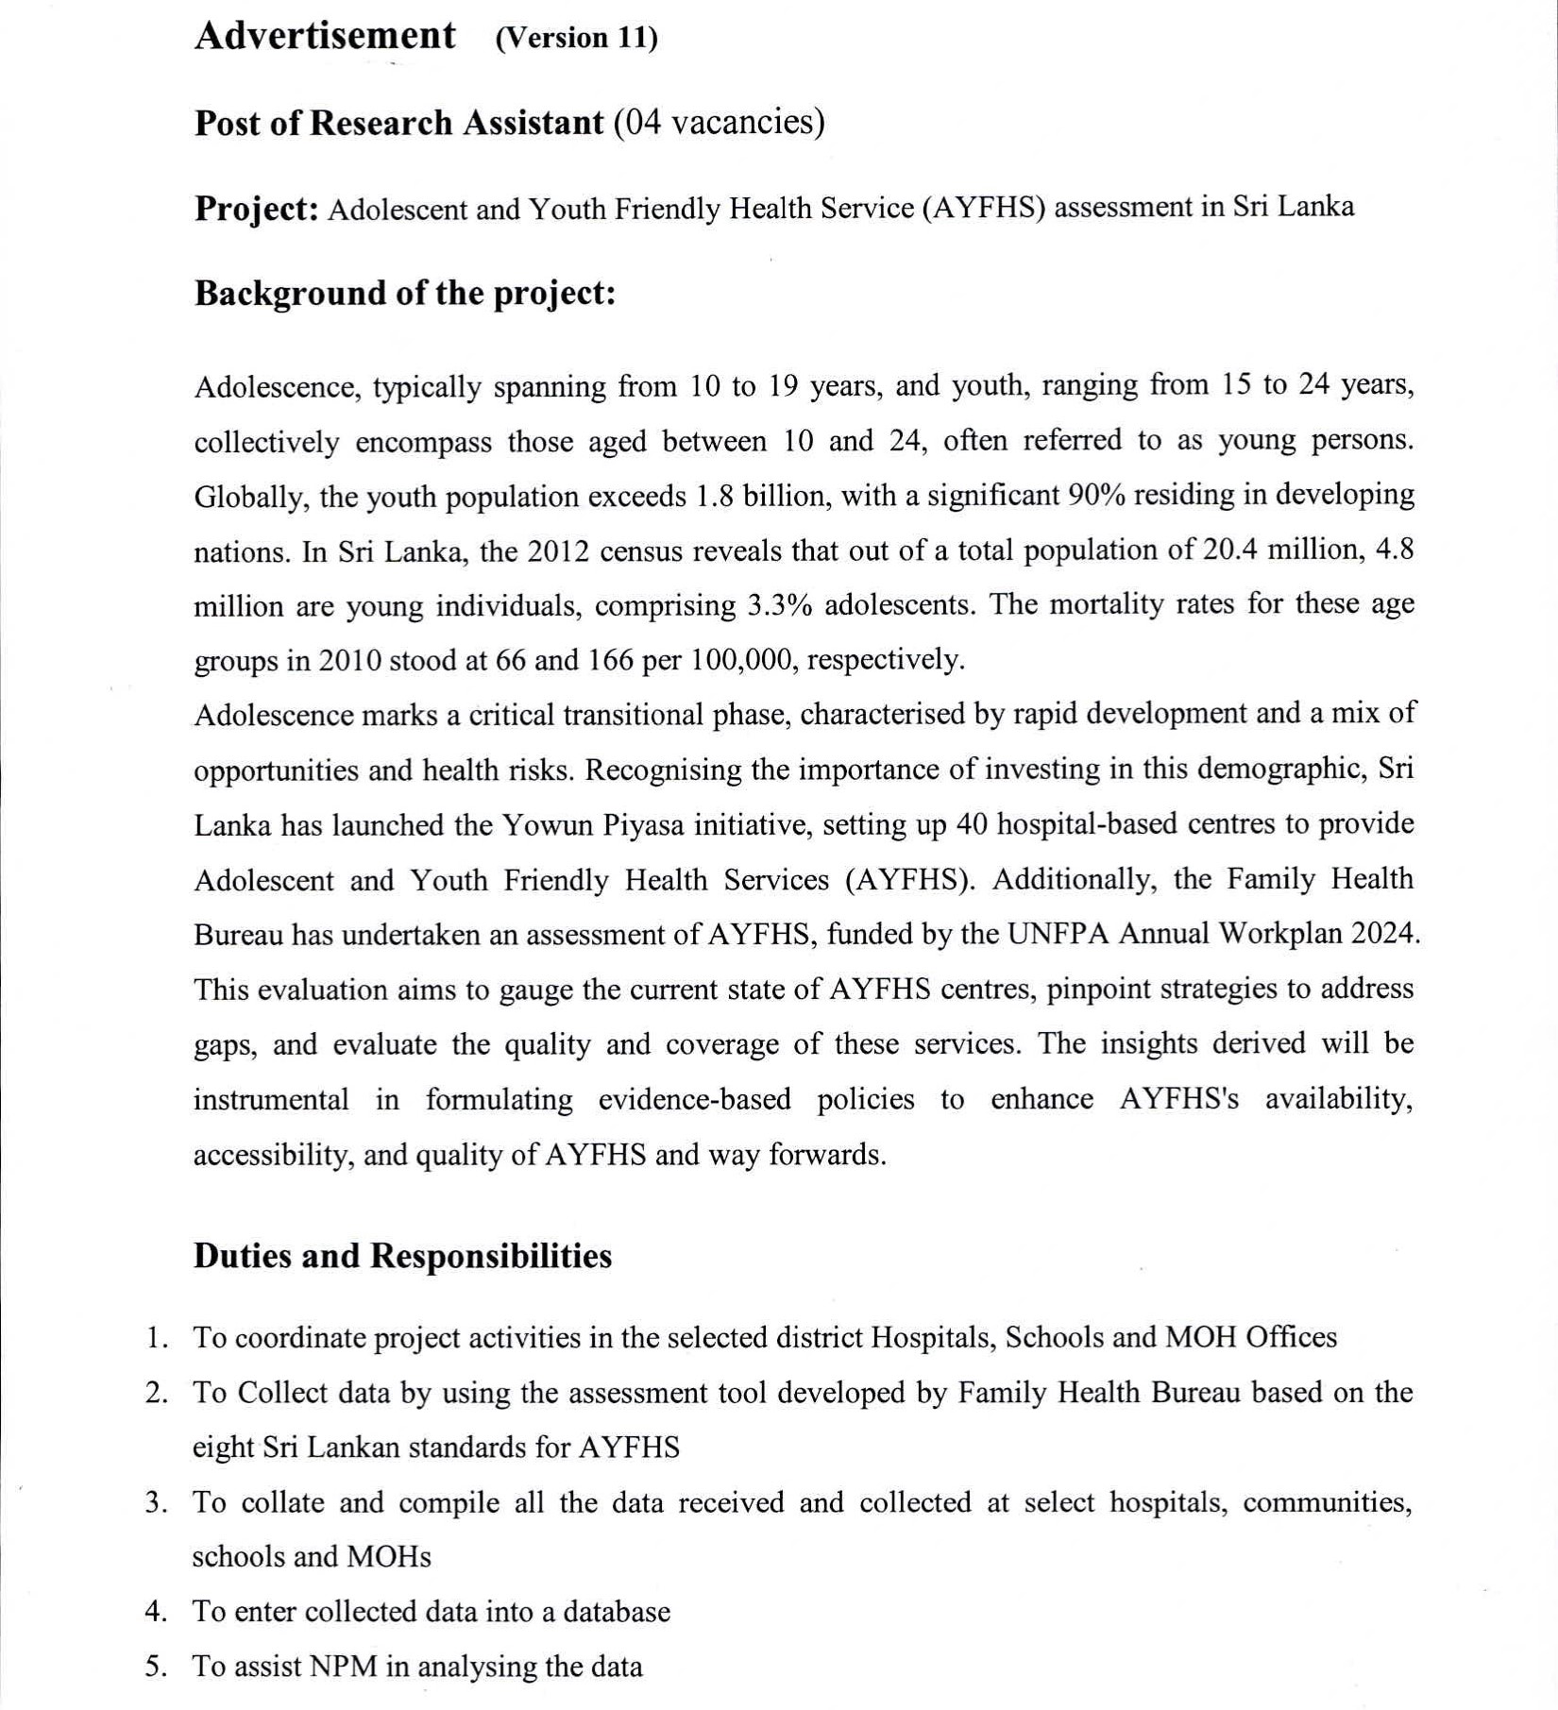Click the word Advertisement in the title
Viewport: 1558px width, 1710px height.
(x=325, y=37)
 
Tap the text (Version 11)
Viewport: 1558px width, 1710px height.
(x=576, y=38)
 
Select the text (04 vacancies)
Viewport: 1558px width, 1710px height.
(x=719, y=122)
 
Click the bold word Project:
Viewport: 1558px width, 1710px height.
(x=256, y=209)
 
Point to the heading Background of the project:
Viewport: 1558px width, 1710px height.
(x=404, y=294)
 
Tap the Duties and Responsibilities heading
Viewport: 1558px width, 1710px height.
(x=402, y=1256)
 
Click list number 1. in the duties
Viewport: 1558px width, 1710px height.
(x=157, y=1338)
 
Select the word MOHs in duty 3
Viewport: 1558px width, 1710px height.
(x=389, y=1556)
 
